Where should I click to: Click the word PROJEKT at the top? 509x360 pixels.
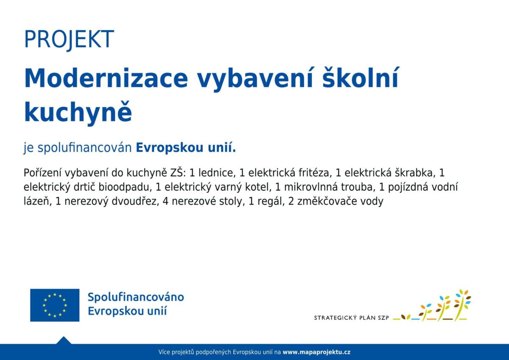[x=69, y=39]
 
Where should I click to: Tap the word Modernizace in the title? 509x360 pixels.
[x=106, y=78]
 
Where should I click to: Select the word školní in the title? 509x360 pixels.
[x=361, y=78]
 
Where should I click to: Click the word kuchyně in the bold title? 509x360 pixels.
[x=78, y=112]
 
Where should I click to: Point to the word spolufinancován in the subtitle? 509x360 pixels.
[x=85, y=148]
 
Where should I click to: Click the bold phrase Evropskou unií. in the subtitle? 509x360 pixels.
[x=186, y=148]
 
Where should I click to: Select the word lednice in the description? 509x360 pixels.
[x=215, y=173]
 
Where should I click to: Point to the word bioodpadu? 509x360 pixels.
[x=125, y=187]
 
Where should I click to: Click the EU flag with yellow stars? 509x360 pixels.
[x=55, y=305]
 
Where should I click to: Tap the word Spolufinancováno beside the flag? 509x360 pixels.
[x=136, y=298]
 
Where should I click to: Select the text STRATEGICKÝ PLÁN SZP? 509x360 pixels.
[x=352, y=318]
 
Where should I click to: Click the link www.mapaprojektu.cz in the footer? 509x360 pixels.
[x=316, y=352]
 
